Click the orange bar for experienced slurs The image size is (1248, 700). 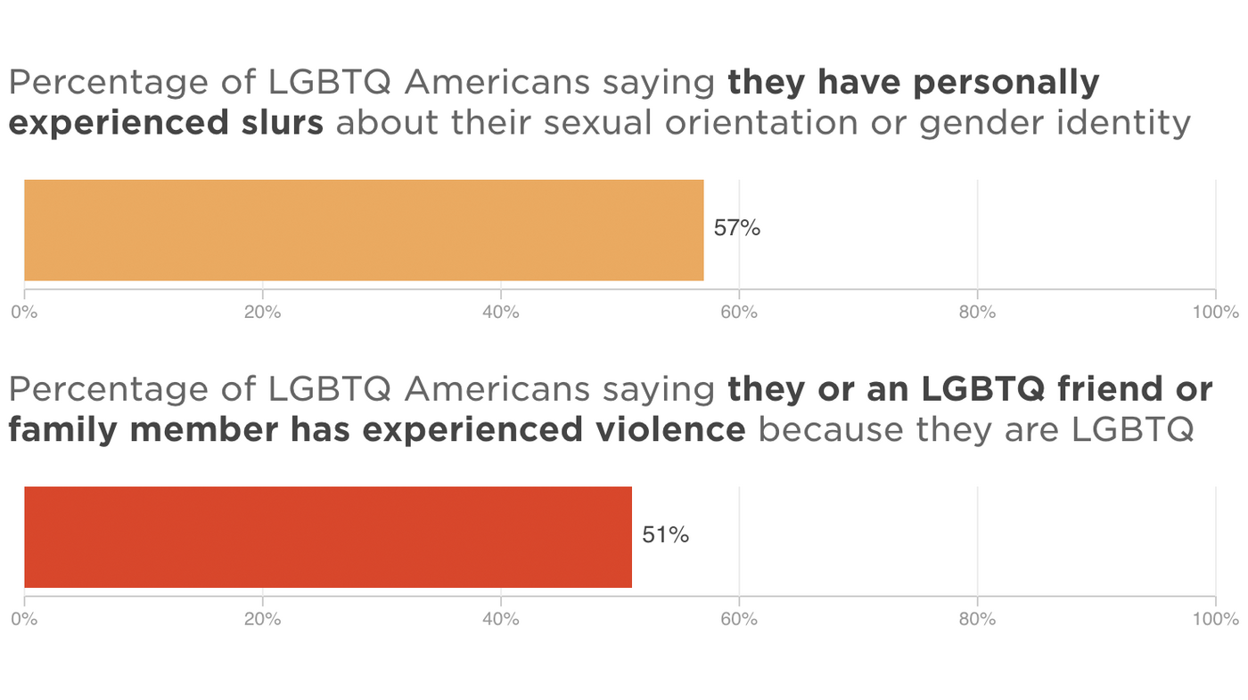(364, 230)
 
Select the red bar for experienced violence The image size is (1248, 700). (328, 537)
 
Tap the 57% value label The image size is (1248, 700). (736, 229)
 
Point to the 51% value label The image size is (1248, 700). (665, 535)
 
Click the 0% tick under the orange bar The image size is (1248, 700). (25, 313)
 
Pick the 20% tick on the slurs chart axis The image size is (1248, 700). (263, 313)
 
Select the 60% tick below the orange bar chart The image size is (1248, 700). (739, 313)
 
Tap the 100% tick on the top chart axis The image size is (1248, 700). (1216, 313)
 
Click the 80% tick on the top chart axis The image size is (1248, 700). (977, 313)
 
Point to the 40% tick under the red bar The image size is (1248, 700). (501, 619)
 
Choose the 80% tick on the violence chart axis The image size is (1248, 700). (977, 619)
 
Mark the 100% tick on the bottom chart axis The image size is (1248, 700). (1216, 619)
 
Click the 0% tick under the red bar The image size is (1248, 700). (25, 619)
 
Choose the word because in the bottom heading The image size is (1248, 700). (826, 430)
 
